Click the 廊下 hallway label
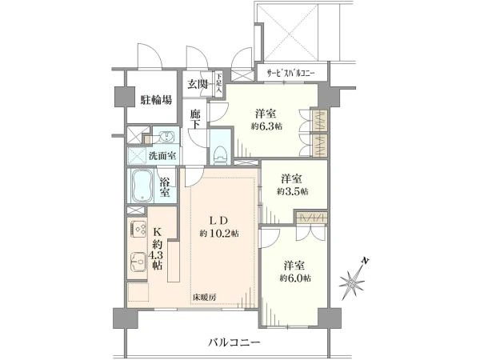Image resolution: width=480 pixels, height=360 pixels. (196, 122)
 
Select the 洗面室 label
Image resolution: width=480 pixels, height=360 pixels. (162, 154)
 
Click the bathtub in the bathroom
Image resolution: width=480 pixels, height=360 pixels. (142, 185)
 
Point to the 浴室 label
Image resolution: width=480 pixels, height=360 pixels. (165, 186)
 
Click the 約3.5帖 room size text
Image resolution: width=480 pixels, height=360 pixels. (291, 191)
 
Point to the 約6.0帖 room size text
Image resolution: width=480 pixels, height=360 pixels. (295, 277)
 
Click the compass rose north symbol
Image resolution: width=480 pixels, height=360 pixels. (353, 281)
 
